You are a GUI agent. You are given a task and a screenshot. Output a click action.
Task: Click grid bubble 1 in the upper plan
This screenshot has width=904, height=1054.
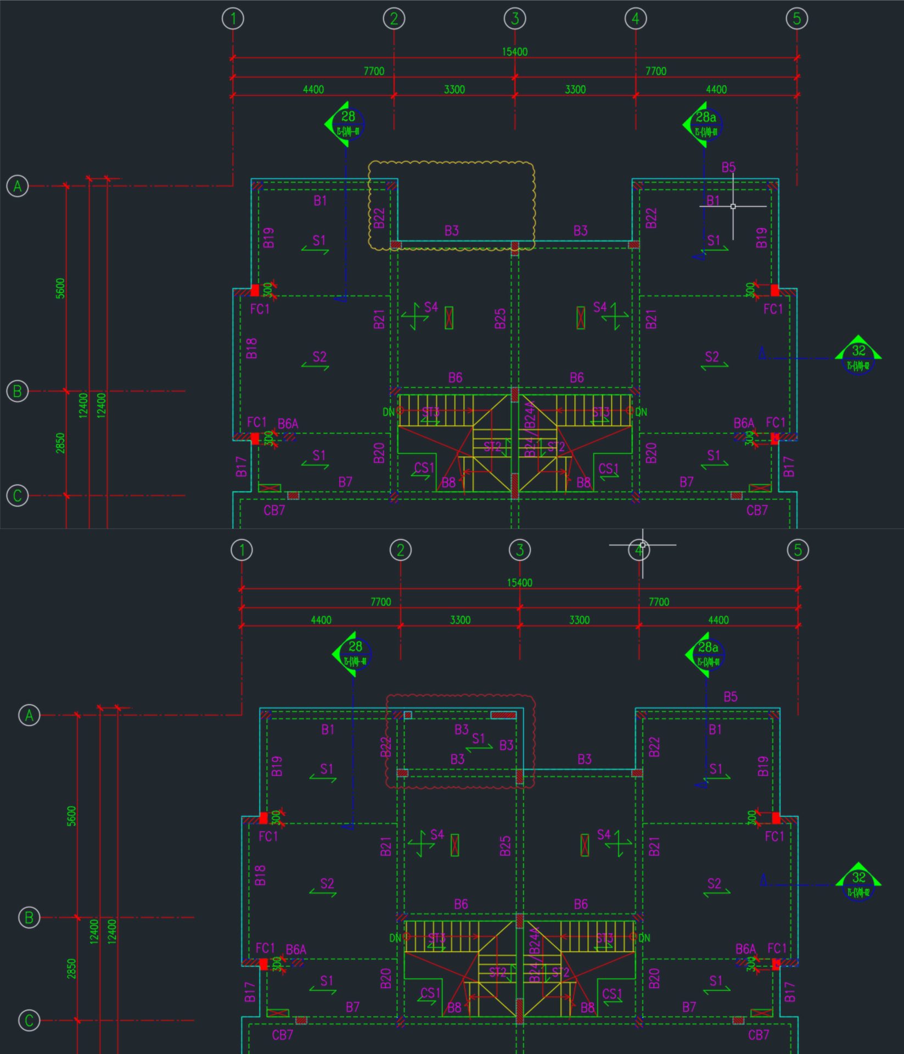click(233, 19)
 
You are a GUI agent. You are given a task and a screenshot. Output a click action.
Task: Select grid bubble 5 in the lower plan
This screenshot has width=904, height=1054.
click(798, 550)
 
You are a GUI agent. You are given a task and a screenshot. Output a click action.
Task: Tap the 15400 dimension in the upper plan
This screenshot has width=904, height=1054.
click(514, 52)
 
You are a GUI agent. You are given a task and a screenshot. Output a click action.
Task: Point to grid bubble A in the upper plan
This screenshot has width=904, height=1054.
click(18, 186)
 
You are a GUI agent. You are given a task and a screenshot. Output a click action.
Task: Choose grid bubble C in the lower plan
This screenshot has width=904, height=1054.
click(29, 1021)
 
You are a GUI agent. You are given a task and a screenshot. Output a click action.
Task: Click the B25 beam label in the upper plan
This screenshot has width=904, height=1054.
click(500, 318)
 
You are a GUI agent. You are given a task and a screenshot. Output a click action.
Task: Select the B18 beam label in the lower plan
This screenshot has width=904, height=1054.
click(261, 875)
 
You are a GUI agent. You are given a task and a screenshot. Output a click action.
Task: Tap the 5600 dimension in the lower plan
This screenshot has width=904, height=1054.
click(71, 816)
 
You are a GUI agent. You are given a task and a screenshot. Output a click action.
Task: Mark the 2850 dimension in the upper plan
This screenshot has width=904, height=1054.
click(60, 443)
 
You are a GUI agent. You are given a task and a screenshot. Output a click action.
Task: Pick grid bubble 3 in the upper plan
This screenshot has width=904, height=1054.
click(514, 19)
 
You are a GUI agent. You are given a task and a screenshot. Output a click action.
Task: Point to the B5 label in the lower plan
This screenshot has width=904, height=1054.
click(730, 697)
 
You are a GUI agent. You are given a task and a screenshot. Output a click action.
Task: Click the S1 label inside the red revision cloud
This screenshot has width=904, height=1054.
click(479, 738)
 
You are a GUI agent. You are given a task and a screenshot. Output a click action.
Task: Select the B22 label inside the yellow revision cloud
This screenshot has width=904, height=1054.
click(379, 218)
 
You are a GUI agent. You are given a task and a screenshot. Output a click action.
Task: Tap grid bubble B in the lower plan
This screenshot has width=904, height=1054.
click(29, 917)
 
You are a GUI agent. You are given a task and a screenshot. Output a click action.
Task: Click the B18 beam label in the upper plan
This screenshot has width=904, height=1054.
click(252, 348)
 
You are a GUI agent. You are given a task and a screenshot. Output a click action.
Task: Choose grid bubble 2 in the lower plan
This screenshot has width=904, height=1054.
click(400, 550)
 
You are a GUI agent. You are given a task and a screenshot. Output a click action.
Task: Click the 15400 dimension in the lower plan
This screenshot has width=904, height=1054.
click(519, 582)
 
